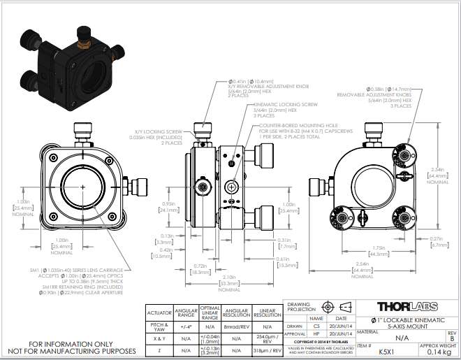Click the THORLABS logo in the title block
408,307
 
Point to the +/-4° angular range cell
186,326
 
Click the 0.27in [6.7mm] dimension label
439,242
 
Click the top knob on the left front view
83,131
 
